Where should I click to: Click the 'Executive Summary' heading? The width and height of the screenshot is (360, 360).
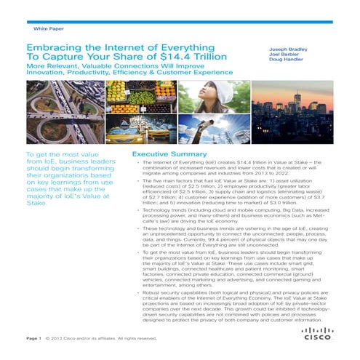(162, 155)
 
